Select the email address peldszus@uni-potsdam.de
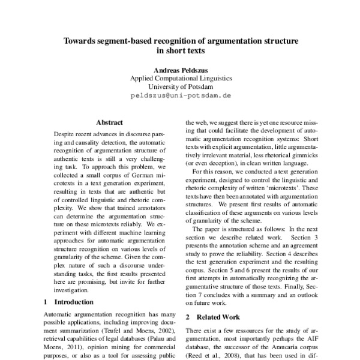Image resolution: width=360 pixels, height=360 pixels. tap(181, 96)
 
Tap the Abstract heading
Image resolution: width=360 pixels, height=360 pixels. tap(109, 121)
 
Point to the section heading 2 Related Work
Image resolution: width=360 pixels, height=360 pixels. tap(212, 316)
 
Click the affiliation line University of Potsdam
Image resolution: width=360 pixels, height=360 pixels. tap(181, 86)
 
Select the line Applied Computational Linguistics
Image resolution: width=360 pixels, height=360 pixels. tap(181, 77)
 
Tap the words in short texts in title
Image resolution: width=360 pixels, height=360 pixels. tap(181, 52)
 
